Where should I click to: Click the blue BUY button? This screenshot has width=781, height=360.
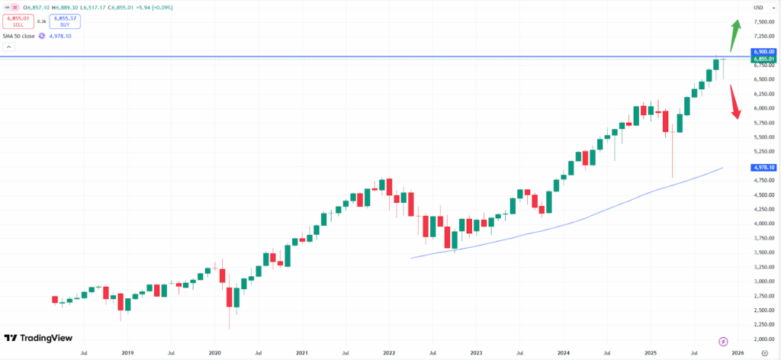click(65, 22)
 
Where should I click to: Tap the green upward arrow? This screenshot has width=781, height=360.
click(735, 34)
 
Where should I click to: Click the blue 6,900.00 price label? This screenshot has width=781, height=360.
click(763, 51)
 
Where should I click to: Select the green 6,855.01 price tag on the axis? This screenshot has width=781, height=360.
click(763, 59)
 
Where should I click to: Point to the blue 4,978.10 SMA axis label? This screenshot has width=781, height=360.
click(763, 167)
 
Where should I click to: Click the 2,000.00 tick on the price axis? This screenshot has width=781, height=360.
click(763, 339)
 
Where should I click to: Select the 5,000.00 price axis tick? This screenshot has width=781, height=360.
click(763, 166)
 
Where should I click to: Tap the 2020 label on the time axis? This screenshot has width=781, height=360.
click(214, 353)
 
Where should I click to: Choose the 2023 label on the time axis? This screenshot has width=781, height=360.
click(476, 353)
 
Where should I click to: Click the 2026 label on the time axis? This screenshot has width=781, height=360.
click(737, 353)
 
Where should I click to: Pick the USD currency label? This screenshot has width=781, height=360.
click(759, 8)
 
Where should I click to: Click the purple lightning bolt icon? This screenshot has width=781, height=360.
click(724, 340)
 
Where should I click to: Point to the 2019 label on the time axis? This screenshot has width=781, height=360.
click(127, 353)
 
